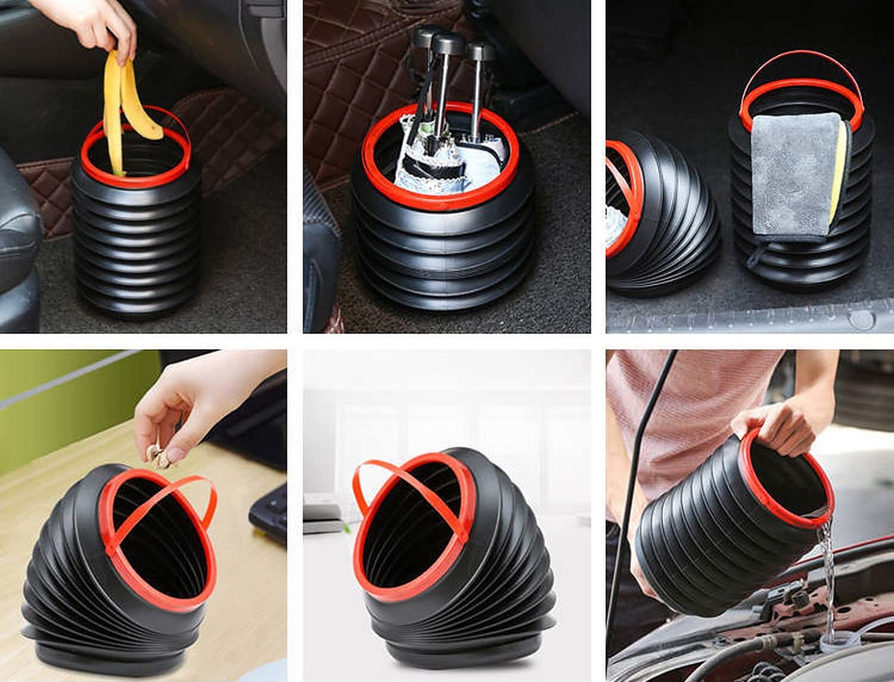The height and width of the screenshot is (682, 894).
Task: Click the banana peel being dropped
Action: click(113, 107)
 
